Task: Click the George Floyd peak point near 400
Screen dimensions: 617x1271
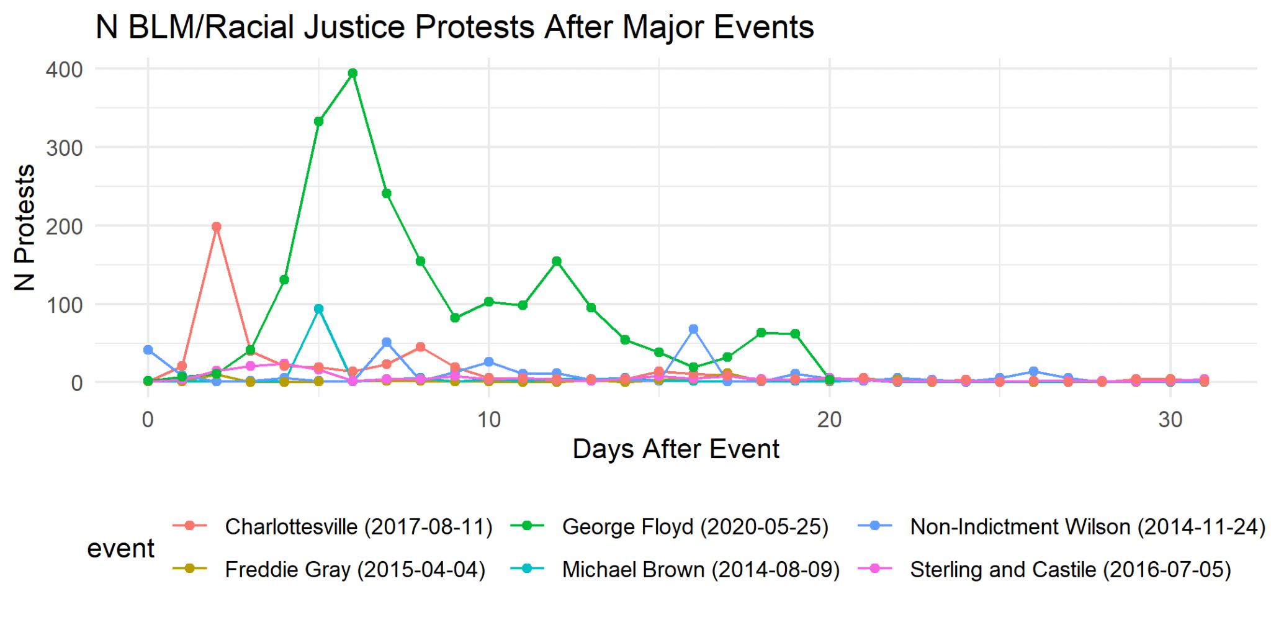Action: [353, 73]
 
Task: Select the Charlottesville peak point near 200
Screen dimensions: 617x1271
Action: [216, 227]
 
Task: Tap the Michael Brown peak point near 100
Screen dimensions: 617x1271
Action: [318, 309]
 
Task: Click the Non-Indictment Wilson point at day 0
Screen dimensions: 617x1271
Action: [148, 350]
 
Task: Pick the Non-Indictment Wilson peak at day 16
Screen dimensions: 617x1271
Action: [693, 329]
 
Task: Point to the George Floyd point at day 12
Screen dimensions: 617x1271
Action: [557, 261]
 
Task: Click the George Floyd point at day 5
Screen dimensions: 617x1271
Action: [318, 122]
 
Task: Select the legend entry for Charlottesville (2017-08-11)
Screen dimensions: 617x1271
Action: [358, 527]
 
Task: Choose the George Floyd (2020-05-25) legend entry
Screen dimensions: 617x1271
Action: [694, 527]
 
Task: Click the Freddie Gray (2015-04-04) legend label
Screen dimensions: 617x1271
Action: [354, 569]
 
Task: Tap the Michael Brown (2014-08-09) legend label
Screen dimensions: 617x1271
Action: [700, 569]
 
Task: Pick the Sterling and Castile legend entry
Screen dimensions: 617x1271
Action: [1070, 569]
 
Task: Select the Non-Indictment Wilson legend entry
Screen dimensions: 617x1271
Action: [1087, 527]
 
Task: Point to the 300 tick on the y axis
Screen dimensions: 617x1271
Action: [64, 148]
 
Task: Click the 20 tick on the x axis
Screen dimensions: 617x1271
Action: [829, 420]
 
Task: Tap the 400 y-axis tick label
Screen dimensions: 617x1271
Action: [64, 70]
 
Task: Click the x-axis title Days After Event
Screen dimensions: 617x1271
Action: [675, 449]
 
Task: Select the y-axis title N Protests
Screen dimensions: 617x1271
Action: [25, 227]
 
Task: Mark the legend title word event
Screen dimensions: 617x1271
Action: [120, 549]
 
